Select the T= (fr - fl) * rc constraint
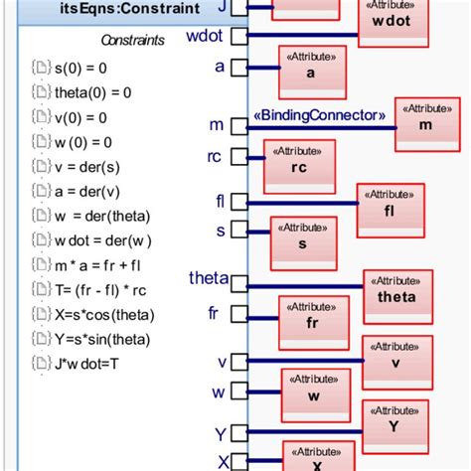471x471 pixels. (x=107, y=290)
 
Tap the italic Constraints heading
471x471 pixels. (x=132, y=41)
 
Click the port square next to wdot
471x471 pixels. (x=238, y=38)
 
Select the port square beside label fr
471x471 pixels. (x=238, y=314)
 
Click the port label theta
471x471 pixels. (x=208, y=278)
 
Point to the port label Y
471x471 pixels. (x=221, y=434)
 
